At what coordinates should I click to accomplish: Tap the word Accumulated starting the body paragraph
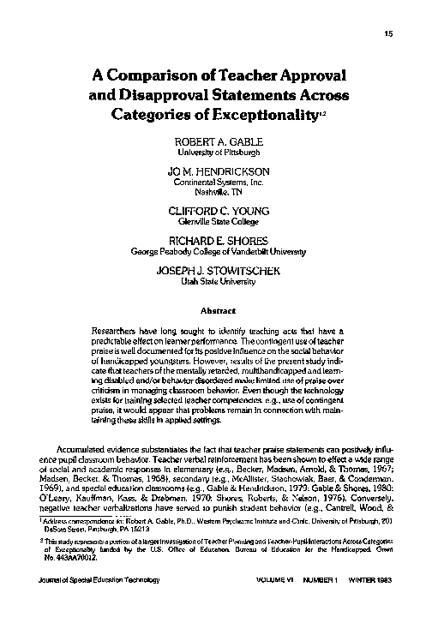point(86,448)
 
